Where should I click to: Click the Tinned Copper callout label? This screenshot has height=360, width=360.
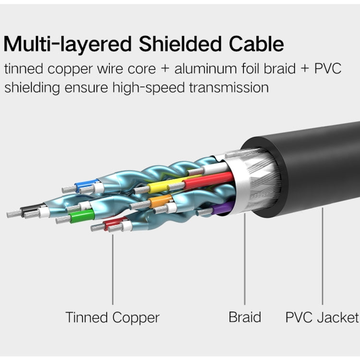click(112, 317)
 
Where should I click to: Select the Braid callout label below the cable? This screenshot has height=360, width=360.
click(245, 317)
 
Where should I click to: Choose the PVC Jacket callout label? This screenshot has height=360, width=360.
click(322, 317)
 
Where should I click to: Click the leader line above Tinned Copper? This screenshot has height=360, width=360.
click(113, 269)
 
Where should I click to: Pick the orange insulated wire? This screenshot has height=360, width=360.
click(161, 201)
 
